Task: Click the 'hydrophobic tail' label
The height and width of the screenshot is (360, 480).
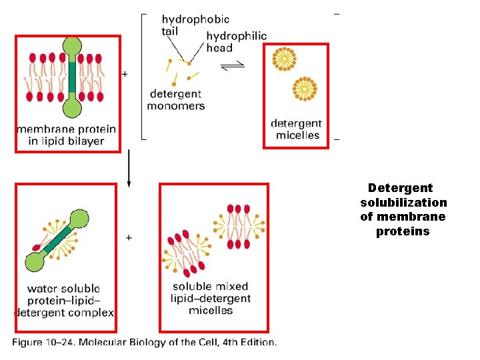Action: pos(195,25)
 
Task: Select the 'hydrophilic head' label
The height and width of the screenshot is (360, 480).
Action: pos(237,42)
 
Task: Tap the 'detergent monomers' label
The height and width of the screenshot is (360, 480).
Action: pos(176,100)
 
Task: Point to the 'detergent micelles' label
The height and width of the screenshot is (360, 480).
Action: pos(296,129)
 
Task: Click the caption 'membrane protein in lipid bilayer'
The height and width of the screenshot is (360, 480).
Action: pos(66,135)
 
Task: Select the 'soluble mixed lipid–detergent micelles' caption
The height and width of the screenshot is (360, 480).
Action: pos(211,299)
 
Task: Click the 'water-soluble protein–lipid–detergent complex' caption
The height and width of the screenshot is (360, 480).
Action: pos(64,300)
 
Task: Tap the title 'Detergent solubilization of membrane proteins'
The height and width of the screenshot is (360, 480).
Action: pos(403,210)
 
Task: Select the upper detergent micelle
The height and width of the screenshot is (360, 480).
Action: pos(285,59)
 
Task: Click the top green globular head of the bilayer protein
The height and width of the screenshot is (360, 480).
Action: pos(71,47)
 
